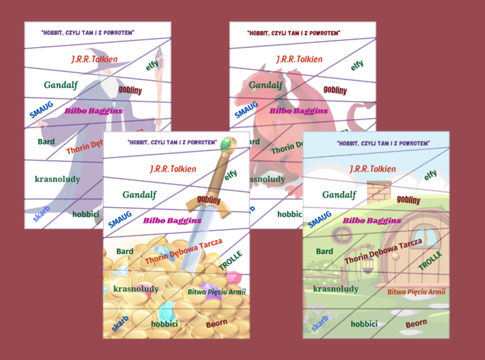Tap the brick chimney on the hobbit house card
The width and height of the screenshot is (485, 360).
379,191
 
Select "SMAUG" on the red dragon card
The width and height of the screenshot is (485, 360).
245,109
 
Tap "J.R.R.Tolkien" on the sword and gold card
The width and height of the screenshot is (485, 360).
173,168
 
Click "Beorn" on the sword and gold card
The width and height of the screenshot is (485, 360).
216,323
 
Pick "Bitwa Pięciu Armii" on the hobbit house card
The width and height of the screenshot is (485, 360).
416,292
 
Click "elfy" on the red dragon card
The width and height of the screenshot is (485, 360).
357,65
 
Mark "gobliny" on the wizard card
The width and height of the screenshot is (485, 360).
130,89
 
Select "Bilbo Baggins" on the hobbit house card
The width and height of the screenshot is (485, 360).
372,221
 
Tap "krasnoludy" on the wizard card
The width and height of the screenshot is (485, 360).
58,179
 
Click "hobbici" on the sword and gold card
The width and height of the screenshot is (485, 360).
164,323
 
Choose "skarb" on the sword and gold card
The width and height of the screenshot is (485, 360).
120,323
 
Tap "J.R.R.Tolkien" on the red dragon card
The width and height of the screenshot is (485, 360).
299,60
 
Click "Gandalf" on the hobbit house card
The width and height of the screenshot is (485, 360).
339,195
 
